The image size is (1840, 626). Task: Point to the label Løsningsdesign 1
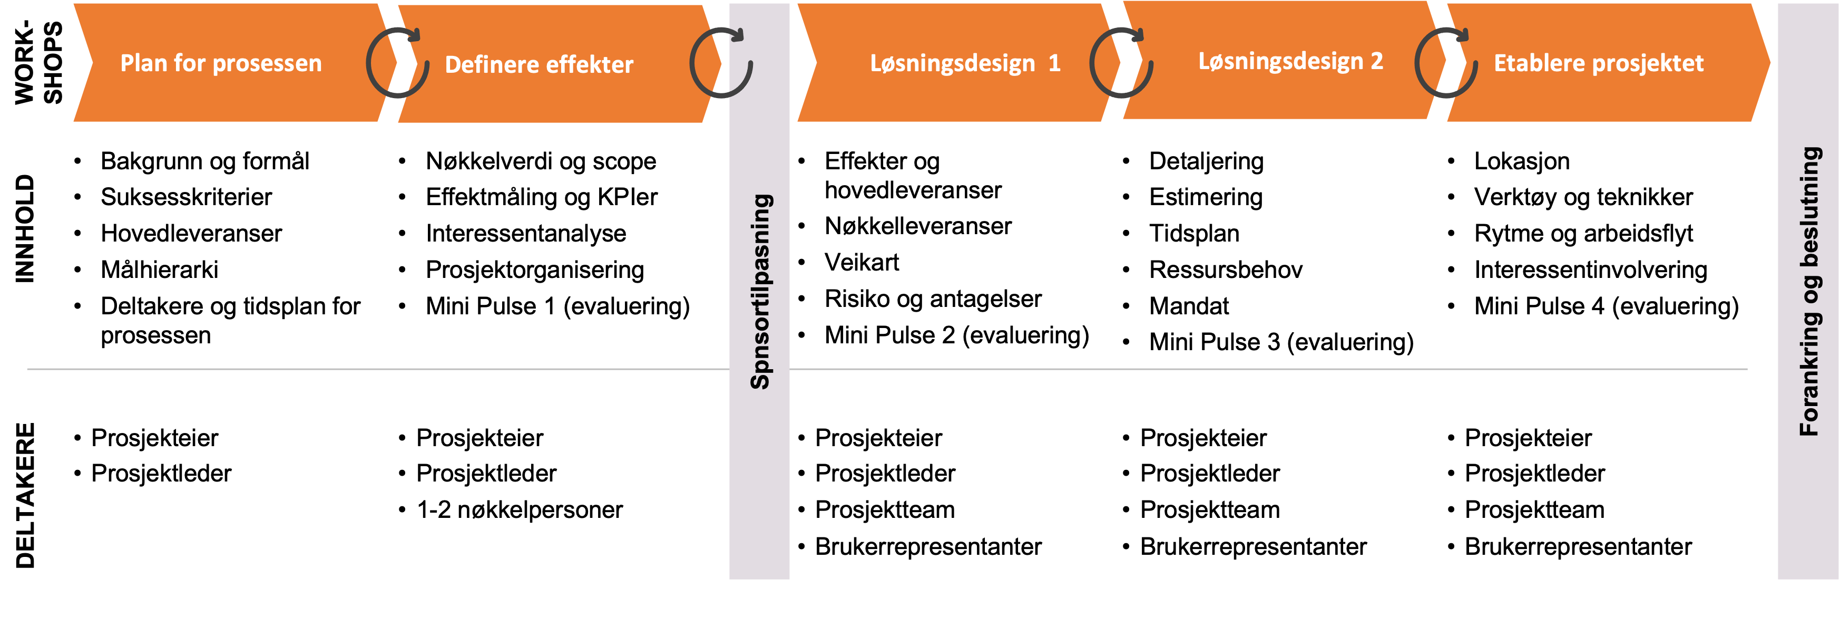(964, 64)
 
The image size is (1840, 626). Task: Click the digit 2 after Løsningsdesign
(1376, 62)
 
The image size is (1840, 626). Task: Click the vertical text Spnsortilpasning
(760, 292)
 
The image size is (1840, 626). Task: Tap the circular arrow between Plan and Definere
(397, 63)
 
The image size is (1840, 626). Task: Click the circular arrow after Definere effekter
(721, 63)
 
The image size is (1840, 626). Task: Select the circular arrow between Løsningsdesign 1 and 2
(1121, 63)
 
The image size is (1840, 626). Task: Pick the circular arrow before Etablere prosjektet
(1446, 63)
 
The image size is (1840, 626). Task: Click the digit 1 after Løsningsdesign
(1054, 64)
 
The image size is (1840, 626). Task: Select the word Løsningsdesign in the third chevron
(952, 64)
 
